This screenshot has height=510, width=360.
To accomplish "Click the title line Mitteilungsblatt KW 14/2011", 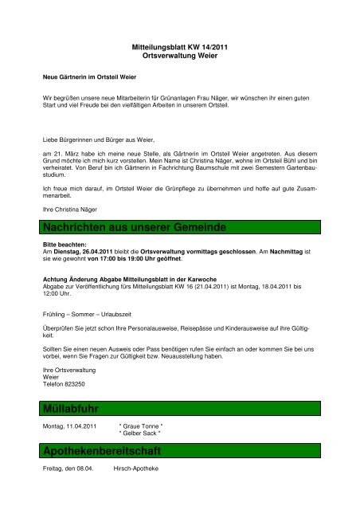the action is pyautogui.click(x=179, y=49).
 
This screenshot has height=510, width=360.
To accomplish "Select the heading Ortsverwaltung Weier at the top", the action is pyautogui.click(x=179, y=58).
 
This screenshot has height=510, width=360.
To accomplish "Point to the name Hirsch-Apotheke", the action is pyautogui.click(x=137, y=468).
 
